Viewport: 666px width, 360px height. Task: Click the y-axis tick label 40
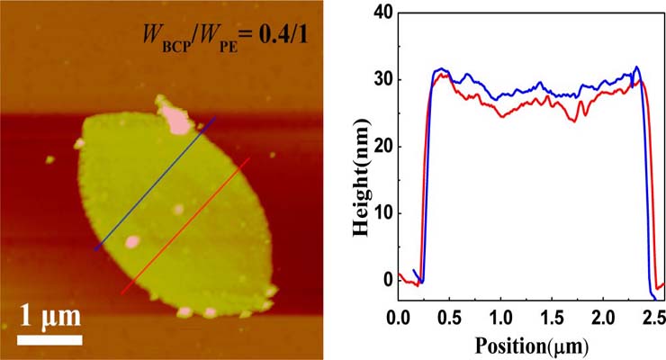click(x=378, y=13)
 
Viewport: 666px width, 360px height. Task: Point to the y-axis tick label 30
click(x=378, y=79)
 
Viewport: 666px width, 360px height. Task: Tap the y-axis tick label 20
click(x=378, y=146)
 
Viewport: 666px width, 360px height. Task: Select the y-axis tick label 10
click(x=378, y=212)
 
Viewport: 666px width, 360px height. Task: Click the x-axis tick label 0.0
click(x=398, y=319)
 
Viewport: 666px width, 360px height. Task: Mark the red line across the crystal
click(x=185, y=226)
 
